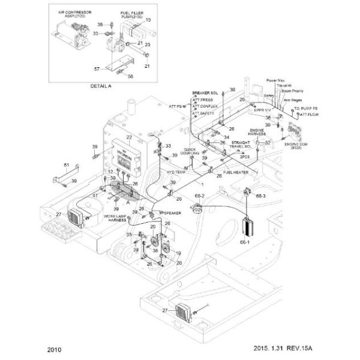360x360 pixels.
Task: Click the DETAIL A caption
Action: [x=100, y=86]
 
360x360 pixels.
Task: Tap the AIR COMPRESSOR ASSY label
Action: [x=70, y=15]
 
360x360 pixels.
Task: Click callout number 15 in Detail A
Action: [x=148, y=20]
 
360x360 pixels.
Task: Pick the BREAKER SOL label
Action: [x=204, y=94]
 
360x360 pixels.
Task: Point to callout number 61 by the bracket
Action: [x=67, y=165]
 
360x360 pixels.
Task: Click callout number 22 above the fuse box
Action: [x=128, y=137]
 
